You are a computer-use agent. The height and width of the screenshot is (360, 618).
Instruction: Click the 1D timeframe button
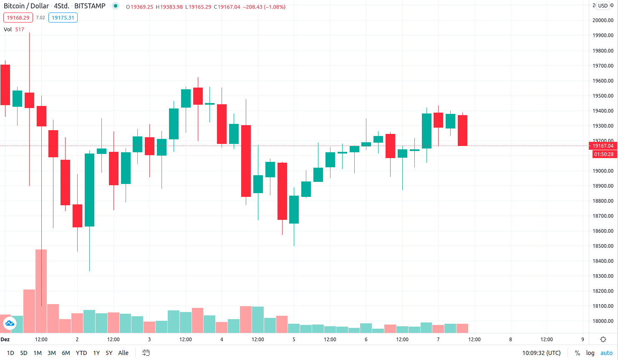pos(10,353)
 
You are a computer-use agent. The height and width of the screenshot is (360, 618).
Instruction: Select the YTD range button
pos(81,353)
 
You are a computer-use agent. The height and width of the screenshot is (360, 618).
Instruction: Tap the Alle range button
pos(123,353)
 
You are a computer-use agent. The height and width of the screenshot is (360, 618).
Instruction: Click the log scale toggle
pos(590,353)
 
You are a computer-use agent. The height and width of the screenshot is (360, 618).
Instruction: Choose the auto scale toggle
pos(606,353)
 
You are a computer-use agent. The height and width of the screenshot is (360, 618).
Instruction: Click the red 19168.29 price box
pos(18,18)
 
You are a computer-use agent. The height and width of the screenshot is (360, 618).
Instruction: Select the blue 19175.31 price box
pos(63,18)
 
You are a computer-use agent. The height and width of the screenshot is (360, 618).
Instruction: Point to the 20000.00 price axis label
pos(603,20)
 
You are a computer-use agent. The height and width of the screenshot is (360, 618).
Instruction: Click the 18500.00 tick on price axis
pos(603,246)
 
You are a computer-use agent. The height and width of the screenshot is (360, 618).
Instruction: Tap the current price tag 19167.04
pos(603,146)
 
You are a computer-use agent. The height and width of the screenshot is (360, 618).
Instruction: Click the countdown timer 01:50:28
pos(603,154)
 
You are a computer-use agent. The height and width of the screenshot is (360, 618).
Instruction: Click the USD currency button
pos(603,6)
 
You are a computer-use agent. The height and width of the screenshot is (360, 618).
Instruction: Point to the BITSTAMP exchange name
pos(90,6)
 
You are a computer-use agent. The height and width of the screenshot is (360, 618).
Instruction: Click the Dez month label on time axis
pos(5,340)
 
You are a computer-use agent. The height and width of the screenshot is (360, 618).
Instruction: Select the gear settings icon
pos(603,340)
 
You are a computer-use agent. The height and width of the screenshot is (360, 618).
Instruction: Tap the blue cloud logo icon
pos(9,323)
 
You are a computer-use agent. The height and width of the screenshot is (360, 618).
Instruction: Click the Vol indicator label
pos(8,30)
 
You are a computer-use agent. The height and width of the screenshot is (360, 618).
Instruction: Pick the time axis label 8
pos(510,340)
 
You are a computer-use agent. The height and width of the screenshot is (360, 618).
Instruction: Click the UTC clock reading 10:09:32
pos(541,353)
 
